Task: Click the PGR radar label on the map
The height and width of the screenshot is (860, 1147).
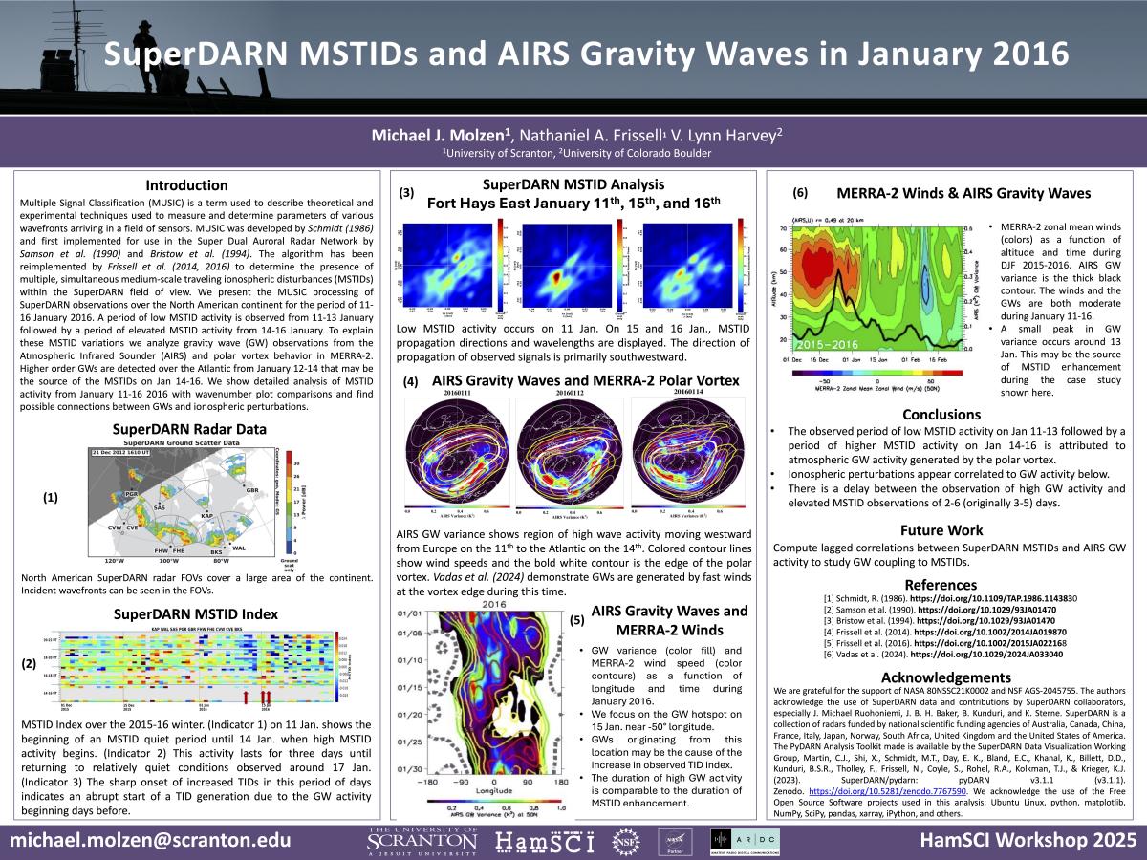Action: [131, 493]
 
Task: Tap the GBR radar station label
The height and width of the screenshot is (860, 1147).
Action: [252, 490]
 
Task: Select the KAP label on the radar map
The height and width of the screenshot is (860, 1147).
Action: [206, 515]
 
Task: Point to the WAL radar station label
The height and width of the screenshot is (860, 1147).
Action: [239, 548]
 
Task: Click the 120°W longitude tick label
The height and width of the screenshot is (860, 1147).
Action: [114, 561]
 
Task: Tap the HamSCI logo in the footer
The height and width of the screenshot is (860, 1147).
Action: [545, 841]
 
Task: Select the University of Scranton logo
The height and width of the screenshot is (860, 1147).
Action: [422, 841]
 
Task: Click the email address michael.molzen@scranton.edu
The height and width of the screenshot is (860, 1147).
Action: [151, 841]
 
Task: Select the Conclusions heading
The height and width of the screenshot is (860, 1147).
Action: [941, 415]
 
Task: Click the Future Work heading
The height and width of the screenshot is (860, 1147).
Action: [941, 529]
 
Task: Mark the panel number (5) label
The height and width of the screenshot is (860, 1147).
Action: [577, 621]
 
